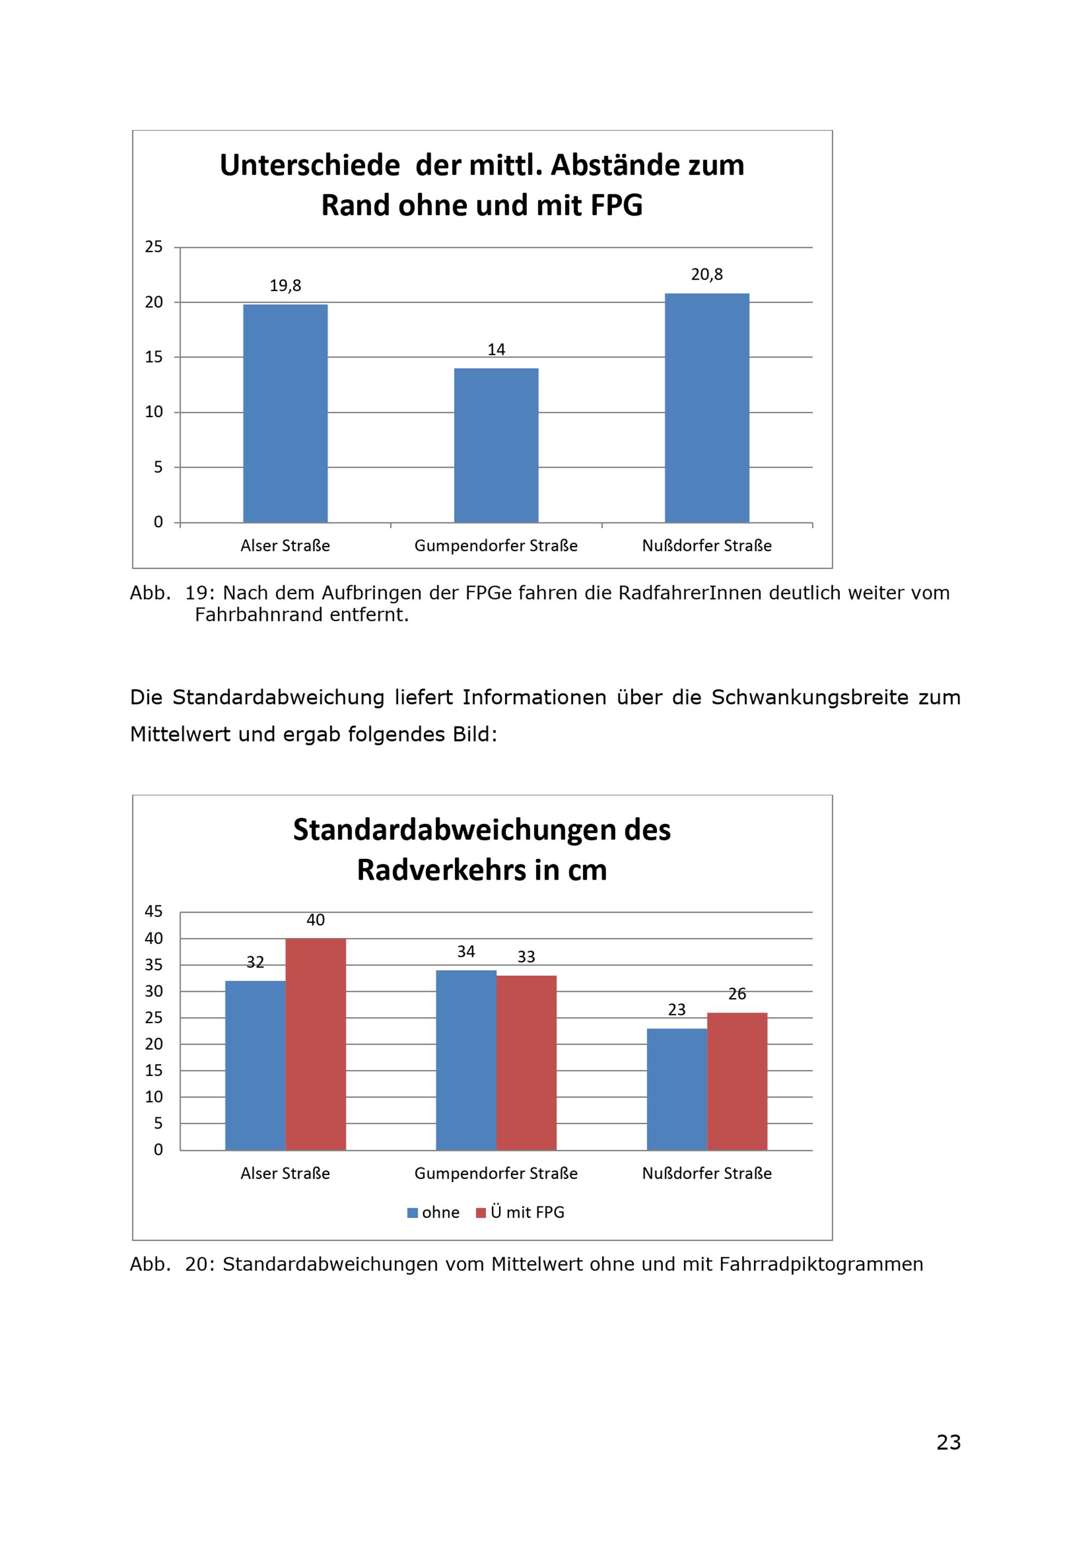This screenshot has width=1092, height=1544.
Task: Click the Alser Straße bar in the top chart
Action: pyautogui.click(x=285, y=414)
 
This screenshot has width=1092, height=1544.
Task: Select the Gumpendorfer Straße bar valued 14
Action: pyautogui.click(x=496, y=445)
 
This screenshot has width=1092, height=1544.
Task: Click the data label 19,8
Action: pyautogui.click(x=285, y=286)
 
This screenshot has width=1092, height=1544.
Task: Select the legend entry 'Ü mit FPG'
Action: pyautogui.click(x=520, y=1213)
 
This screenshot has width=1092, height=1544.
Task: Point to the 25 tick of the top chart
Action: pyautogui.click(x=154, y=247)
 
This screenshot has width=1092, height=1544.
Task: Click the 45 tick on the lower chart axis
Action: pyautogui.click(x=154, y=911)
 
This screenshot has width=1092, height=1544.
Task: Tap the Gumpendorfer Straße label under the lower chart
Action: pyautogui.click(x=496, y=1173)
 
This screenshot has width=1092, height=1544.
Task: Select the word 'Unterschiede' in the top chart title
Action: pyautogui.click(x=310, y=165)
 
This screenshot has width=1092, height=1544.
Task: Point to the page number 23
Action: pyautogui.click(x=949, y=1442)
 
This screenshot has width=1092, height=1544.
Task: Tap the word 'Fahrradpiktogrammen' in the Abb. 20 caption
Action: pyautogui.click(x=821, y=1265)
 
